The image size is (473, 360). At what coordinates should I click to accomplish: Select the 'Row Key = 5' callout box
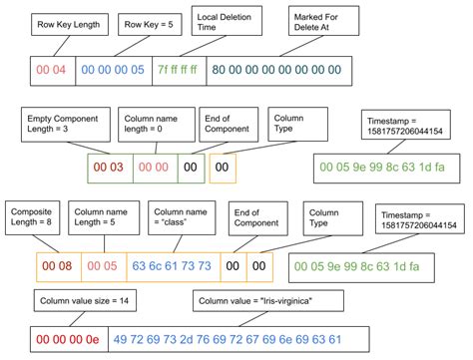(x=151, y=23)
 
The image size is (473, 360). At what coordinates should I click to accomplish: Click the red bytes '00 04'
(x=49, y=71)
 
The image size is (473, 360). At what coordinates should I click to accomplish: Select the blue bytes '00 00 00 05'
(x=114, y=71)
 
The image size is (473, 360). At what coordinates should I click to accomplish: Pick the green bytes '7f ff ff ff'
(x=181, y=71)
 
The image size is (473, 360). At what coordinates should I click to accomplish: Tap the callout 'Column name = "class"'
(x=180, y=218)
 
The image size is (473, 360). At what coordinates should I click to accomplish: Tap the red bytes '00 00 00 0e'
(x=65, y=336)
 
